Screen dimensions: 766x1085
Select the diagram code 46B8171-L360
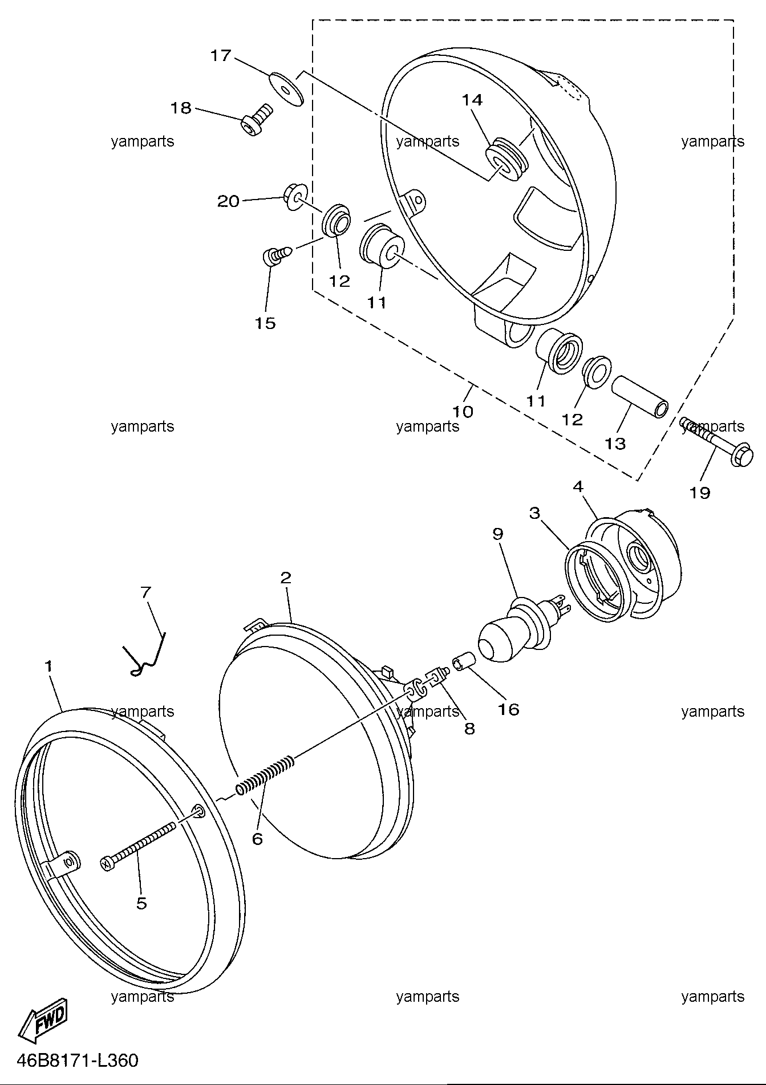click(x=78, y=1060)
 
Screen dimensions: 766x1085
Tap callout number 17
click(x=221, y=55)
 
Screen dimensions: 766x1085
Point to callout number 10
click(x=463, y=411)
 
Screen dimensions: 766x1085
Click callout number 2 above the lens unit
click(x=286, y=578)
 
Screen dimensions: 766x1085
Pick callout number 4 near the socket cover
click(x=578, y=486)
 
